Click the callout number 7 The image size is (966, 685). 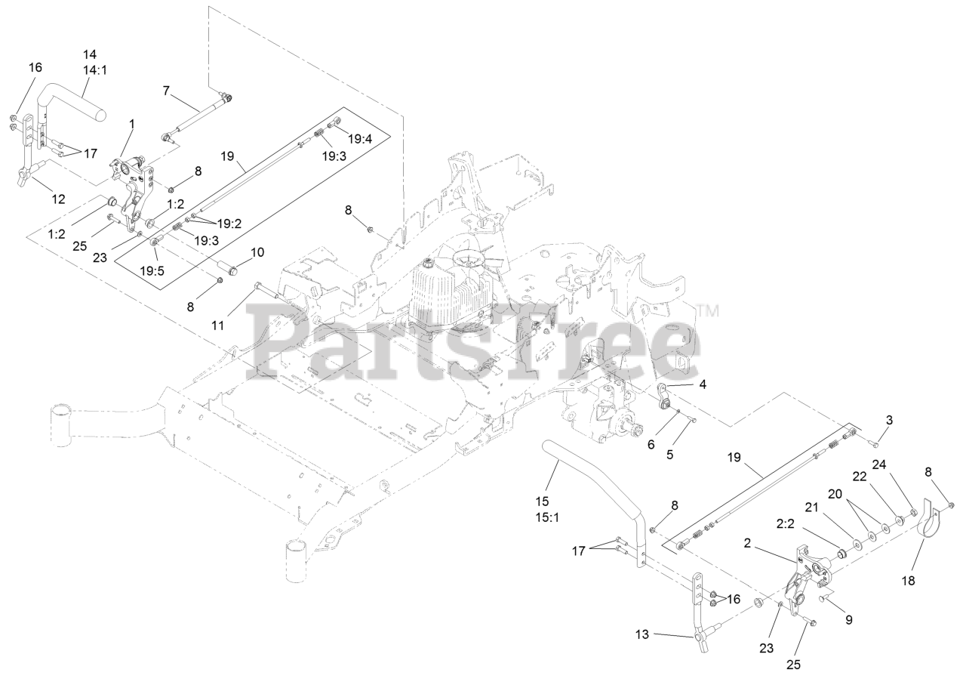(x=166, y=91)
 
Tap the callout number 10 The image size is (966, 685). (x=257, y=252)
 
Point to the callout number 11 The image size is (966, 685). (x=218, y=326)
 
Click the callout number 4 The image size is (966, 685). (x=703, y=384)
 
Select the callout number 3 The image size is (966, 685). (x=889, y=420)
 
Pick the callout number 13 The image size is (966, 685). (x=642, y=634)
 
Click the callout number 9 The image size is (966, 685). (x=848, y=620)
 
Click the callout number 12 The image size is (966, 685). (x=57, y=199)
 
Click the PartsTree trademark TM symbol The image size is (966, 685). (x=708, y=310)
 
